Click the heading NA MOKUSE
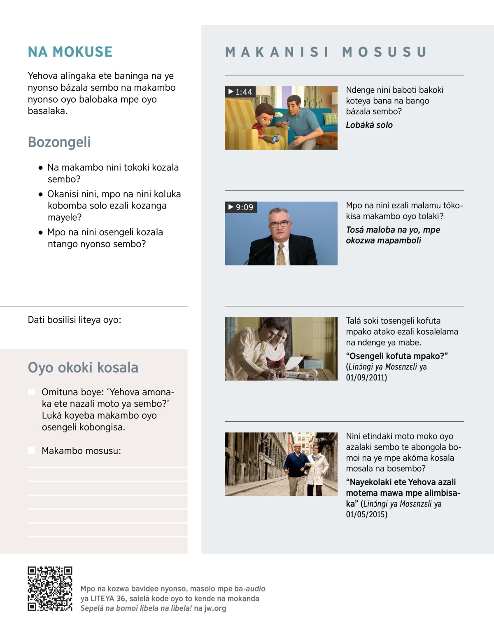pyautogui.click(x=70, y=52)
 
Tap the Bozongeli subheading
pyautogui.click(x=59, y=142)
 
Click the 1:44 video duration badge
pyautogui.click(x=240, y=92)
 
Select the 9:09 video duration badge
pyautogui.click(x=241, y=207)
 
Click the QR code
pyautogui.click(x=50, y=589)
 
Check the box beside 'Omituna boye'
pyautogui.click(x=32, y=392)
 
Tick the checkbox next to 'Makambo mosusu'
pyautogui.click(x=32, y=451)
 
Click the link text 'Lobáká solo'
pyautogui.click(x=369, y=125)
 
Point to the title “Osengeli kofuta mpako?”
pyautogui.click(x=397, y=356)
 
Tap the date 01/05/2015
pyautogui.click(x=367, y=514)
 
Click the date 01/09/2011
pyautogui.click(x=367, y=378)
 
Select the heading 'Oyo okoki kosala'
pyautogui.click(x=83, y=368)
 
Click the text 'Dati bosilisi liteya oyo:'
pyautogui.click(x=75, y=320)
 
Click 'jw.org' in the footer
pyautogui.click(x=215, y=608)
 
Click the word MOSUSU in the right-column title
pyautogui.click(x=384, y=52)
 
